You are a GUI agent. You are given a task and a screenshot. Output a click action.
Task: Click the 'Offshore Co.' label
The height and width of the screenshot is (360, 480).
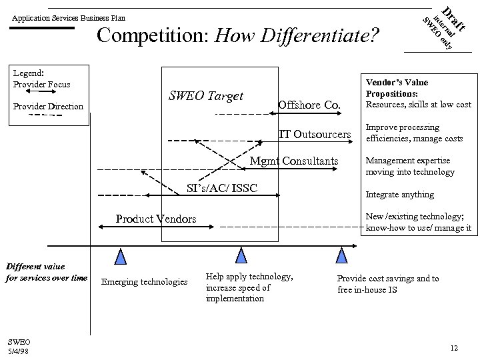click(309, 105)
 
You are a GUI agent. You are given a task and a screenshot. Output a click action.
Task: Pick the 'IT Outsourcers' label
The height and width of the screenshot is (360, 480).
click(315, 135)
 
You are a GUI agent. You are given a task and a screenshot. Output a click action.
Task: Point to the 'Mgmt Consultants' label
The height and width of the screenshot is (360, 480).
click(293, 161)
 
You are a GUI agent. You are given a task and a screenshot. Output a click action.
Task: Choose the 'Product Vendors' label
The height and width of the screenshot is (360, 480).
click(156, 219)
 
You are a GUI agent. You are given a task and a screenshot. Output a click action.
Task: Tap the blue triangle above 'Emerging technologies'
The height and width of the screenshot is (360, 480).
click(120, 257)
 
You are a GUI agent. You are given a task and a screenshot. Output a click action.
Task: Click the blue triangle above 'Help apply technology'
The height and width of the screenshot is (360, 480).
click(241, 257)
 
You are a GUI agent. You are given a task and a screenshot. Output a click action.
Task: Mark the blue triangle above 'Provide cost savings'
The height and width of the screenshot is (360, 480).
click(342, 257)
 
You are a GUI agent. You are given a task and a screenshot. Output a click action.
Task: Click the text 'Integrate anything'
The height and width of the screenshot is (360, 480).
click(400, 195)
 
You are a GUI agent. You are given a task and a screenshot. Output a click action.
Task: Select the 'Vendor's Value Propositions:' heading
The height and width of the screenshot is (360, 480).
click(397, 88)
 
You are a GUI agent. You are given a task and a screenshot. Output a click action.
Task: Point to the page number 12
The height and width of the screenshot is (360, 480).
click(453, 348)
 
